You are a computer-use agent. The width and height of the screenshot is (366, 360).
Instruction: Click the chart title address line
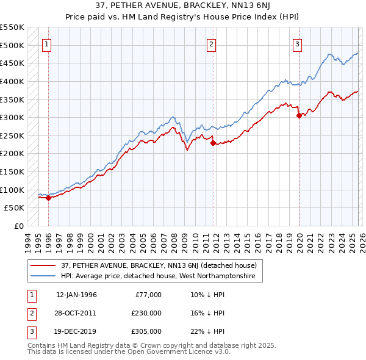(183, 7)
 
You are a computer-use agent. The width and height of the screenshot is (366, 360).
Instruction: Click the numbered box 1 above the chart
(47, 43)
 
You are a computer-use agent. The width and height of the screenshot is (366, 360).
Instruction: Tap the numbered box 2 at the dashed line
(211, 43)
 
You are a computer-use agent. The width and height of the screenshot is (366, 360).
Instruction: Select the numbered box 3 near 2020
(297, 43)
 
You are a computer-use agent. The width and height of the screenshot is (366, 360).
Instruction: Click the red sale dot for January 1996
(48, 198)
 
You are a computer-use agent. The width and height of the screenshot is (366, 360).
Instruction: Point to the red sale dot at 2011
(213, 143)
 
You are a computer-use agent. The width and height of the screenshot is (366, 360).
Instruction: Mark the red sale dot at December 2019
(299, 115)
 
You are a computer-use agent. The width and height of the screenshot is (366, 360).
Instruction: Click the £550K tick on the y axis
(12, 27)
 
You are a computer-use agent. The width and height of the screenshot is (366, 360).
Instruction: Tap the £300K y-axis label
(12, 117)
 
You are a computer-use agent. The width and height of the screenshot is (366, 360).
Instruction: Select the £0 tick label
(18, 226)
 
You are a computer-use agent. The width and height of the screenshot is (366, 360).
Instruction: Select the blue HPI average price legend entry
(152, 276)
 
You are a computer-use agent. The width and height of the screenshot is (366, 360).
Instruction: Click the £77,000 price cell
(148, 295)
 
